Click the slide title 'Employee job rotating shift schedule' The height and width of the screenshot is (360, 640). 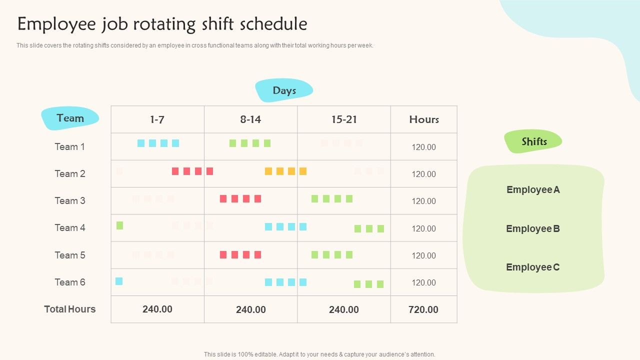pyautogui.click(x=162, y=24)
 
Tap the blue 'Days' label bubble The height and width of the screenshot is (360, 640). pyautogui.click(x=284, y=90)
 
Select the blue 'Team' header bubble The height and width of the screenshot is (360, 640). pyautogui.click(x=70, y=118)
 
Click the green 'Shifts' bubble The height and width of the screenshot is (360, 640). pyautogui.click(x=534, y=141)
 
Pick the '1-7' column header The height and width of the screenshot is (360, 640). pyautogui.click(x=157, y=119)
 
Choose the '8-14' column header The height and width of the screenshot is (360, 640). pyautogui.click(x=250, y=119)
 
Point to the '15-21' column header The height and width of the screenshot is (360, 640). pyautogui.click(x=344, y=119)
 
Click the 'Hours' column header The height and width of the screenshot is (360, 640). pyautogui.click(x=424, y=119)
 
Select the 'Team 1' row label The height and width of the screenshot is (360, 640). pyautogui.click(x=70, y=146)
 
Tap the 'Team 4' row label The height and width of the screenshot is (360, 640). pyautogui.click(x=70, y=227)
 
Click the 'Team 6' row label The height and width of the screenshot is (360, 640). pyautogui.click(x=70, y=282)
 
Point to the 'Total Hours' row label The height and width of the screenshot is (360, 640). pyautogui.click(x=70, y=309)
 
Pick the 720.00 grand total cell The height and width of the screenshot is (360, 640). pyautogui.click(x=423, y=309)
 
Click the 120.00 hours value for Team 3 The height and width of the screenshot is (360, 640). pyautogui.click(x=424, y=201)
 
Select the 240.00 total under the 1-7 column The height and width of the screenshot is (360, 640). pyautogui.click(x=157, y=309)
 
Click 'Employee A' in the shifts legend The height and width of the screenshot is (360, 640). pyautogui.click(x=533, y=189)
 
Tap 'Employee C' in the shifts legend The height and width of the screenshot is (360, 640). pyautogui.click(x=533, y=267)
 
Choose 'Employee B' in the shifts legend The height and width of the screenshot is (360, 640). pyautogui.click(x=533, y=228)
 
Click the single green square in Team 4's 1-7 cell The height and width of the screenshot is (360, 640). pyautogui.click(x=119, y=225)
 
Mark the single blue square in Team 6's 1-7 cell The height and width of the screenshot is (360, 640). pyautogui.click(x=119, y=281)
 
